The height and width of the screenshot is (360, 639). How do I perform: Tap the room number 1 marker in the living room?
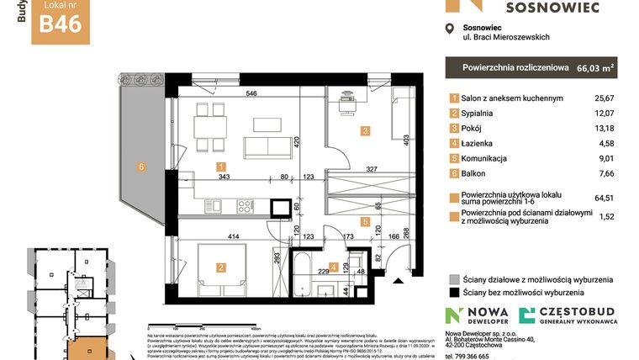click(220, 167)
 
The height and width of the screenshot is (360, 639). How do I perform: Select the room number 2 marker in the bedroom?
click(220, 267)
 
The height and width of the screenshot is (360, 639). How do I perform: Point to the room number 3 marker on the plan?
click(365, 130)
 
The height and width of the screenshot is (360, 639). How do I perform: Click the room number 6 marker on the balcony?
click(141, 167)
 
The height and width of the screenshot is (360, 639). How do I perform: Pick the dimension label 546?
click(251, 93)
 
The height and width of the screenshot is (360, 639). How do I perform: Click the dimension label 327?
click(372, 168)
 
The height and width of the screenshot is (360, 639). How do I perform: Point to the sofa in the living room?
click(267, 148)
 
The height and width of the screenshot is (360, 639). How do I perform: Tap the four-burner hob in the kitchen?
click(246, 205)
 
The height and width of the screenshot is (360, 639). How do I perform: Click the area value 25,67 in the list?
click(606, 98)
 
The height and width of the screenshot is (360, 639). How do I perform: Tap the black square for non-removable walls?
click(454, 294)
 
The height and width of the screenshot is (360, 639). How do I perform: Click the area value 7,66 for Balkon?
click(606, 174)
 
